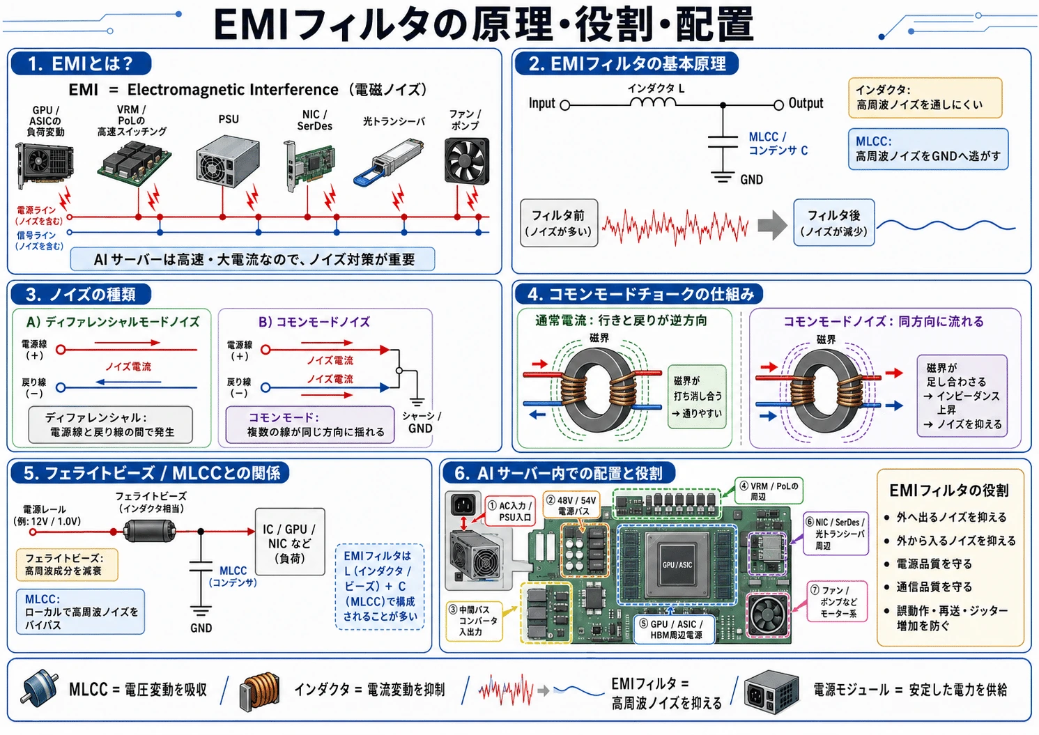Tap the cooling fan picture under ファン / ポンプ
[x=467, y=161]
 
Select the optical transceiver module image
[x=389, y=161]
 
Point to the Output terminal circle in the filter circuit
[x=779, y=105]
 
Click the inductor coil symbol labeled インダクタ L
[x=653, y=102]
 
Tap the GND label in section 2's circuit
[x=751, y=180]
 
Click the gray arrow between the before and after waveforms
[x=772, y=225]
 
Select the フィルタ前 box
[x=559, y=223]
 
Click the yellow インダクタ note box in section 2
[x=925, y=98]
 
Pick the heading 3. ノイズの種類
[x=81, y=295]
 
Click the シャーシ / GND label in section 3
[x=421, y=422]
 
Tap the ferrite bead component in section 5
[x=149, y=532]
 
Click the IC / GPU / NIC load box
[x=290, y=542]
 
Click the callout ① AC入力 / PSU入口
[x=510, y=511]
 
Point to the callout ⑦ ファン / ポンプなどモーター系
[x=837, y=601]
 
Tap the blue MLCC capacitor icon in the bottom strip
[x=39, y=688]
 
